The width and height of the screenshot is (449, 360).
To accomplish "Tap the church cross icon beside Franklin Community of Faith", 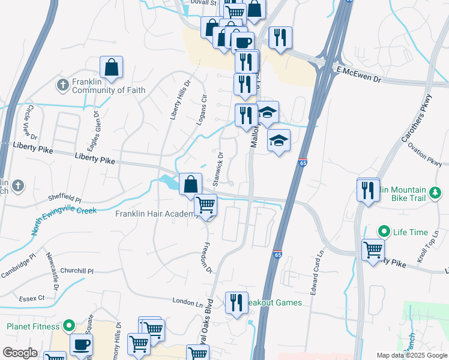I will [x=63, y=85].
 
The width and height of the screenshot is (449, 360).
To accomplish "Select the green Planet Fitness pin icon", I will [x=69, y=327].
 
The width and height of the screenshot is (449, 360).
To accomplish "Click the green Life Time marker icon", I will [x=382, y=232].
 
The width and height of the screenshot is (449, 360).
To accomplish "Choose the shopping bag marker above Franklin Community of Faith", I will [x=112, y=68].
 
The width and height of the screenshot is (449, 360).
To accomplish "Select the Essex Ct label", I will [x=32, y=297].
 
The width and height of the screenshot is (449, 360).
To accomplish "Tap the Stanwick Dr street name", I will [x=218, y=169].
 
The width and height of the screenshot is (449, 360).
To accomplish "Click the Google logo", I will [x=20, y=353].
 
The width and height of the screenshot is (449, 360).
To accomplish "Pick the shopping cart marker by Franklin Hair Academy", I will [x=206, y=206].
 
